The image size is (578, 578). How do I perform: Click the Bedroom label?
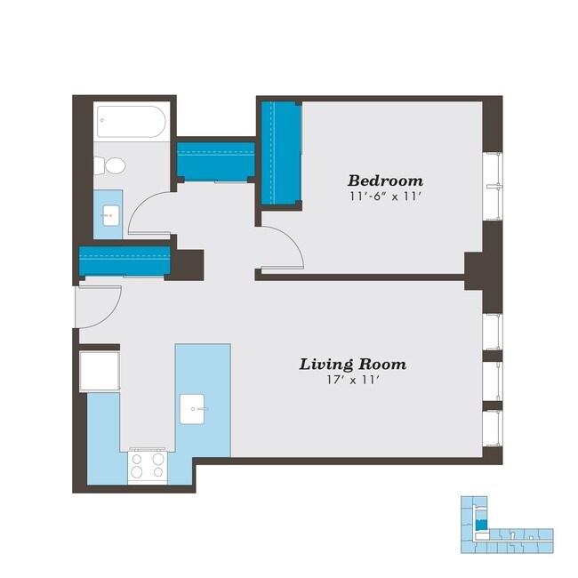point(385,179)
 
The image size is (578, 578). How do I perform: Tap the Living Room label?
point(352,364)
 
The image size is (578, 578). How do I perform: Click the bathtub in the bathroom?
point(131,122)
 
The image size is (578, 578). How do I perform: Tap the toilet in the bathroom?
point(109,165)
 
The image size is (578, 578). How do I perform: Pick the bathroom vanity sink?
point(110,213)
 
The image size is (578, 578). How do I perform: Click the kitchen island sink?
point(194,409)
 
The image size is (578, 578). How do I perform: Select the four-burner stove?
point(147,465)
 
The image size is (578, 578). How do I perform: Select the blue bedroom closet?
point(281,152)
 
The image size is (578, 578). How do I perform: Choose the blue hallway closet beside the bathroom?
point(216,161)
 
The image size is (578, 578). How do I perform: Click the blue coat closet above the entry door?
point(124,261)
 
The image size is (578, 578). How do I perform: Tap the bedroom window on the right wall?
point(494,185)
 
